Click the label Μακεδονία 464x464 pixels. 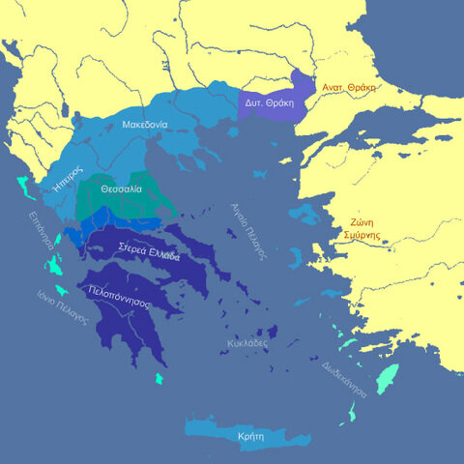[145, 125]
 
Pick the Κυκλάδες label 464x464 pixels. [248, 342]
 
